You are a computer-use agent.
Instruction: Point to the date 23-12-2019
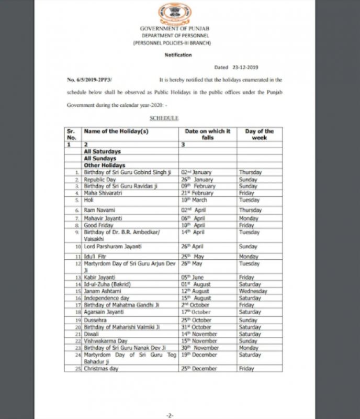(245, 68)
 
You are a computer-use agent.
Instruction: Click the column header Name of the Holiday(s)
(116, 131)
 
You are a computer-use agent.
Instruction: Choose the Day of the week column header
(259, 134)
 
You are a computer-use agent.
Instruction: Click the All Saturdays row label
(103, 151)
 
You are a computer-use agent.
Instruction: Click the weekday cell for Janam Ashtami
(253, 291)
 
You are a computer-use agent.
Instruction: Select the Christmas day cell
(102, 368)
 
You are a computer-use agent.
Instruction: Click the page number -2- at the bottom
(169, 414)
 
